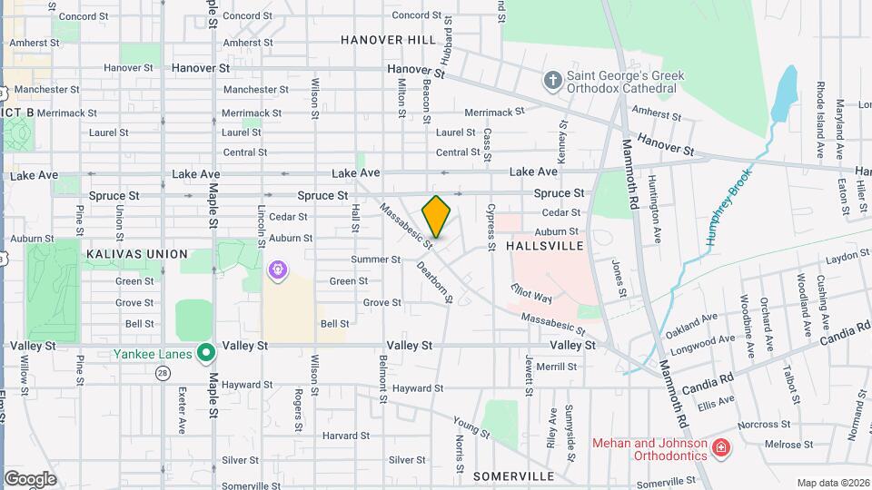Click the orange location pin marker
point(437,216)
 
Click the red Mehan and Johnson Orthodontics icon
point(720,448)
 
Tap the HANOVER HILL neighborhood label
point(389,40)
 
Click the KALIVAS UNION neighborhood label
point(137,254)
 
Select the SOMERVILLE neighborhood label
point(513,476)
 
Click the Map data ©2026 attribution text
point(833,483)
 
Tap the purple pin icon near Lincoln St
point(278,269)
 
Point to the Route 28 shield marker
point(163,373)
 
